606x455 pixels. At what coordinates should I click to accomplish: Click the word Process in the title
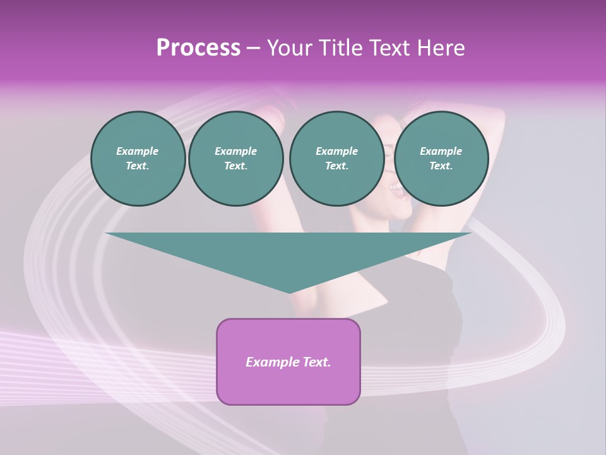pos(198,48)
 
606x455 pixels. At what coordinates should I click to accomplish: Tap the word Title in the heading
pos(340,48)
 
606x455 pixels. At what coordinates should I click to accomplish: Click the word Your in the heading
pos(289,48)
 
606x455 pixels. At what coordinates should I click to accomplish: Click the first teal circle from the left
pos(138,159)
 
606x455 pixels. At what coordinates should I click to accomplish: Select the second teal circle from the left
pos(235,159)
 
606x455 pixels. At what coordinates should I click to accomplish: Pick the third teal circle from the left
pos(336,159)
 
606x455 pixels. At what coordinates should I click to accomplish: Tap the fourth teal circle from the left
pos(441,159)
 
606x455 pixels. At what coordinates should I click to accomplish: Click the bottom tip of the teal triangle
pos(289,291)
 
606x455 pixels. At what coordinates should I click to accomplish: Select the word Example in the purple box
pos(270,362)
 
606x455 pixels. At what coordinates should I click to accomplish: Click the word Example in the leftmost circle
pos(138,151)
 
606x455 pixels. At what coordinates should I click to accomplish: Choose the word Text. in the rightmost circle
pos(441,166)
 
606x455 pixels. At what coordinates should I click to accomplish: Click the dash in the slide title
pos(253,48)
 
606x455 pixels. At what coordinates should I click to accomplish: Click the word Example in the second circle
pos(235,151)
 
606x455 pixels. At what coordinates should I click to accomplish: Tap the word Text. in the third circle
pos(336,166)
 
